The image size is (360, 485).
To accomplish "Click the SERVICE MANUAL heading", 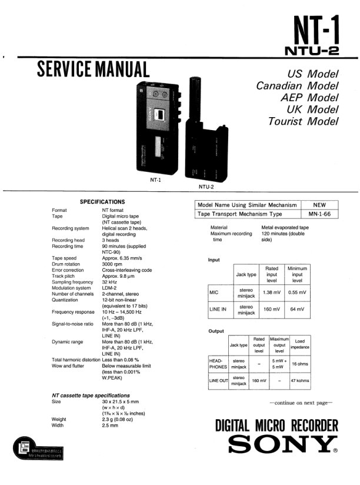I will point(93,70).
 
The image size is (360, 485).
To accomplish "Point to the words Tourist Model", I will point(303,121).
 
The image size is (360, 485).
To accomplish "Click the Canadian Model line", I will point(297,86).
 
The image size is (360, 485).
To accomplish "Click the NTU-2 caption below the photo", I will point(205,187).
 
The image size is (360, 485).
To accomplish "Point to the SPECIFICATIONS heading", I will point(102,202).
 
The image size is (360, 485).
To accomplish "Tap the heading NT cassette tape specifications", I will point(91,395).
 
